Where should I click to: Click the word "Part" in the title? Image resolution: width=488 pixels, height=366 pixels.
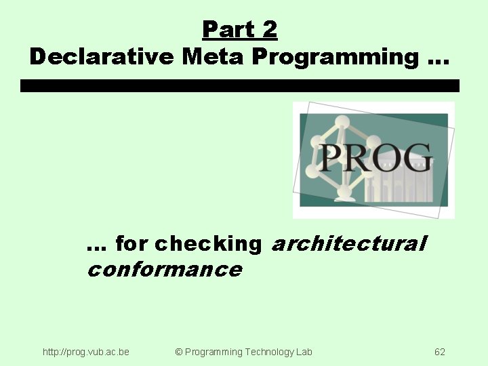point(227,30)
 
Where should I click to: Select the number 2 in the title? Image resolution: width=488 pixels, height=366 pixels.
point(269,30)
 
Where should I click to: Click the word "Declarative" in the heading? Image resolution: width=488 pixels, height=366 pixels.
point(102,57)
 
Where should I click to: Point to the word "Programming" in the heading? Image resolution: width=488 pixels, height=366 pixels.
point(335,57)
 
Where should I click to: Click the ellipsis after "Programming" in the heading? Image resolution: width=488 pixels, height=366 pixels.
point(438,61)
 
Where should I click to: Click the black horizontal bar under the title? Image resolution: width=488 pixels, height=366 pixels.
point(240,86)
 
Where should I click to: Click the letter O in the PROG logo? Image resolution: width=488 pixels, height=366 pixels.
point(386,158)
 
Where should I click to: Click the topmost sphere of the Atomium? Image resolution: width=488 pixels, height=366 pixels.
point(342,123)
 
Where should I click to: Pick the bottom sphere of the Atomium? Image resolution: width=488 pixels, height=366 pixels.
point(345,193)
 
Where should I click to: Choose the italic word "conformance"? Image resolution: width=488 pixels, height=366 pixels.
point(164,269)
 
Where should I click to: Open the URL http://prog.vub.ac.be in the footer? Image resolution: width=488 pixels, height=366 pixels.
point(86,352)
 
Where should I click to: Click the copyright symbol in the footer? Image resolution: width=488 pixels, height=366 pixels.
point(179,352)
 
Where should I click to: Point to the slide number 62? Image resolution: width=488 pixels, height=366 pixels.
point(440,352)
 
